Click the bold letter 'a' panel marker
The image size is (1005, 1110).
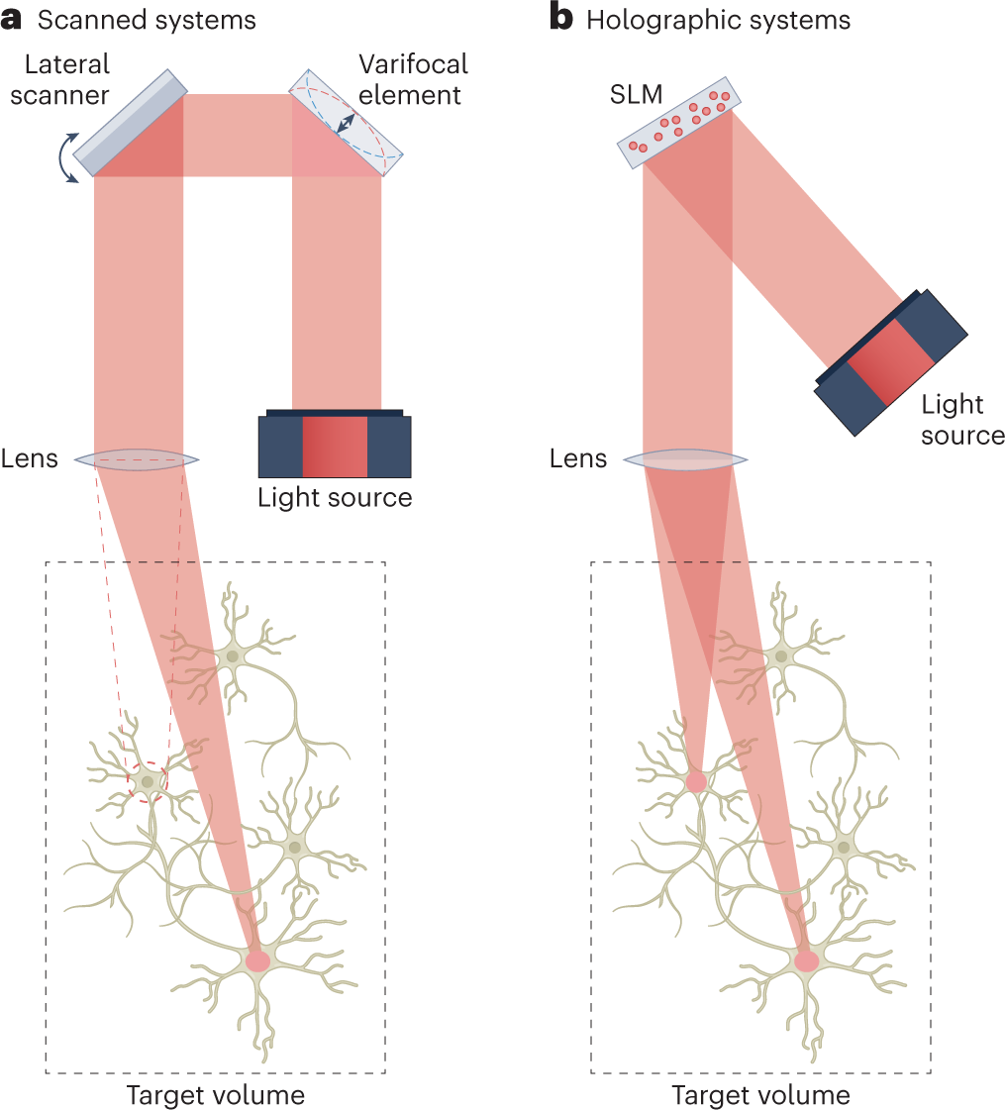[13, 20]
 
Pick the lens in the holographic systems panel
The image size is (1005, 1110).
[687, 459]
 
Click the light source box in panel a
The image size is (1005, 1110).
[335, 446]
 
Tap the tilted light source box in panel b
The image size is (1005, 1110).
[889, 362]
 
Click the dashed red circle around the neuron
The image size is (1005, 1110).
[149, 781]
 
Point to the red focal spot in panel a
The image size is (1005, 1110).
[257, 959]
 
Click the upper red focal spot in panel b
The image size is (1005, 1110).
[696, 782]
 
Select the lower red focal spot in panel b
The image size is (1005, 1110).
[806, 959]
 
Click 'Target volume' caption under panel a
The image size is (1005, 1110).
[215, 1095]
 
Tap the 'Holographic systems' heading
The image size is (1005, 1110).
[718, 20]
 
